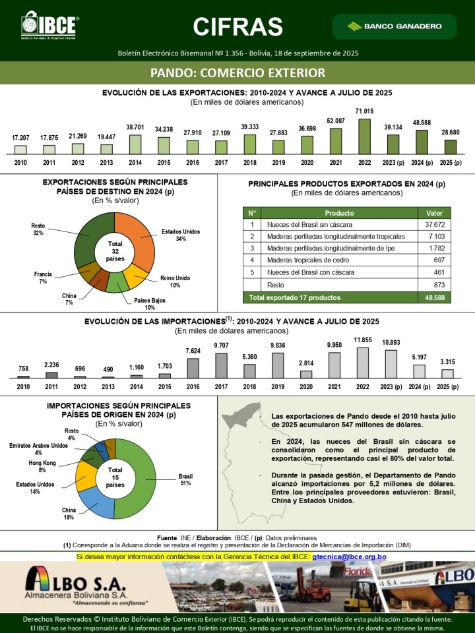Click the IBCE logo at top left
pyautogui.click(x=49, y=25)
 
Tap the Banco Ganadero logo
pyautogui.click(x=404, y=26)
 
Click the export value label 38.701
pyautogui.click(x=135, y=127)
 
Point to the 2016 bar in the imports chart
pyautogui.click(x=193, y=367)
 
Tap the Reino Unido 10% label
pyautogui.click(x=175, y=282)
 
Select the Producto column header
pyautogui.click(x=339, y=213)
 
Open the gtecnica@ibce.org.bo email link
pyautogui.click(x=349, y=557)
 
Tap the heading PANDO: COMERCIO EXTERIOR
pyautogui.click(x=237, y=72)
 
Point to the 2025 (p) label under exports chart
pyautogui.click(x=451, y=162)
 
